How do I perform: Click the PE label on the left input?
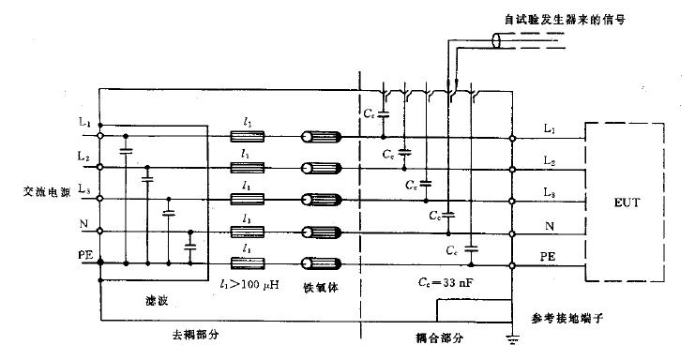83,253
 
